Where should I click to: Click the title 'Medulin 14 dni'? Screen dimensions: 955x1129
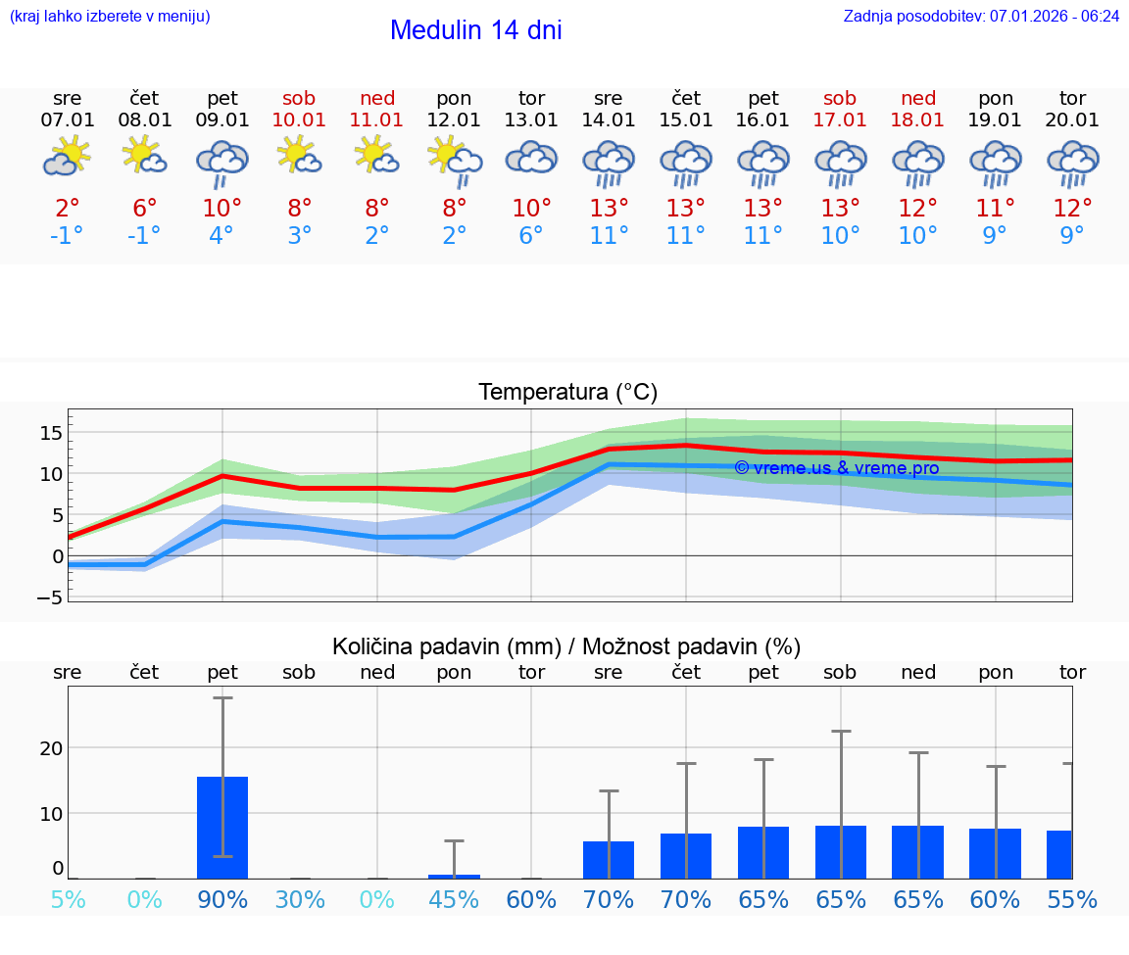(x=475, y=30)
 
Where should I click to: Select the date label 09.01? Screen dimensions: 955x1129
(x=222, y=120)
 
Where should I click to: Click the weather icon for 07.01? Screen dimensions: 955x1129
(x=67, y=157)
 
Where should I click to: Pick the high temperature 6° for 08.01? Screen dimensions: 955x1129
(x=144, y=209)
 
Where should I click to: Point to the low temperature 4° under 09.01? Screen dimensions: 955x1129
(x=222, y=236)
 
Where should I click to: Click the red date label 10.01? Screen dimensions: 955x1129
(x=300, y=120)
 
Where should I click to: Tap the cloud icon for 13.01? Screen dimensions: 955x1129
(x=531, y=158)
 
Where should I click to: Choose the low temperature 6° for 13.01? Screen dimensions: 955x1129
(x=531, y=236)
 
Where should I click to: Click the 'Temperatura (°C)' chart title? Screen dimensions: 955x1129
(x=567, y=393)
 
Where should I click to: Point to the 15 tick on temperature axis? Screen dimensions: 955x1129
(x=52, y=433)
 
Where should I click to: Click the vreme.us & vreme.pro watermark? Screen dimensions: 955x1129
(x=836, y=468)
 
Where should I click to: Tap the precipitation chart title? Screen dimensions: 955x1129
(x=566, y=646)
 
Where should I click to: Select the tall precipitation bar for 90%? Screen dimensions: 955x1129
(x=222, y=828)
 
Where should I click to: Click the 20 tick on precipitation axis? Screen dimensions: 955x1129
(x=51, y=748)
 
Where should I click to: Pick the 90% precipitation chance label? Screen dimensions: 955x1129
(x=222, y=899)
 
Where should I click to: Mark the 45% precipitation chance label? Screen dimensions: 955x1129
(x=454, y=899)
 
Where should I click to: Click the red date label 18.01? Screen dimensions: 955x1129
(x=917, y=120)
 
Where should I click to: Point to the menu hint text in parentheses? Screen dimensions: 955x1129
(x=110, y=17)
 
